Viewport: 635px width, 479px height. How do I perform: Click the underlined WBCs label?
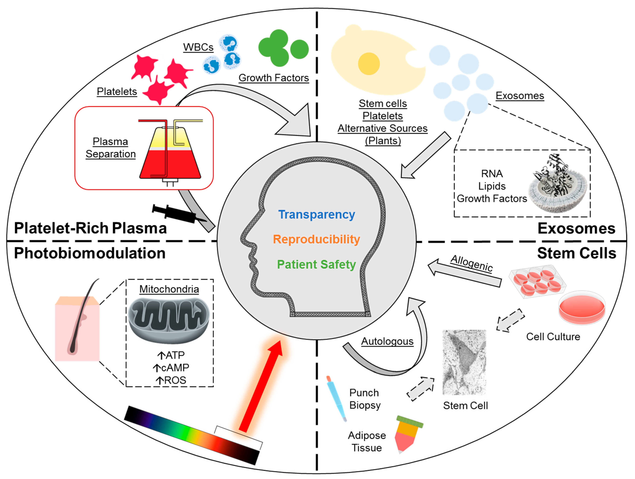tap(198, 47)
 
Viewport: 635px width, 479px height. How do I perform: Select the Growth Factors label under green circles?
tap(274, 78)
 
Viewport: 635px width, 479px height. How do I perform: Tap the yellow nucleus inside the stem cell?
tap(369, 64)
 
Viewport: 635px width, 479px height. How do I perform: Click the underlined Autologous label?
tap(387, 341)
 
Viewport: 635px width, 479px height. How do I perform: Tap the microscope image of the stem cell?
tap(464, 362)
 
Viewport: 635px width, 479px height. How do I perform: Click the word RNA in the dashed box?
tap(492, 174)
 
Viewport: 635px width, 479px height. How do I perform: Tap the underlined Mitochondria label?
tap(169, 289)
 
